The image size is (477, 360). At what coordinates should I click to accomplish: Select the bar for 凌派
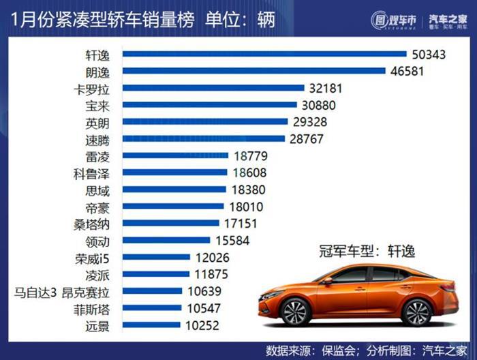click(x=157, y=274)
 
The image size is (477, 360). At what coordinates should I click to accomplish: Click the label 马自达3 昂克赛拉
click(x=67, y=292)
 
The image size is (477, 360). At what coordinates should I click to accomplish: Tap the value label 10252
click(x=200, y=325)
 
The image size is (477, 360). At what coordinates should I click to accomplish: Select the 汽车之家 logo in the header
click(x=444, y=19)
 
